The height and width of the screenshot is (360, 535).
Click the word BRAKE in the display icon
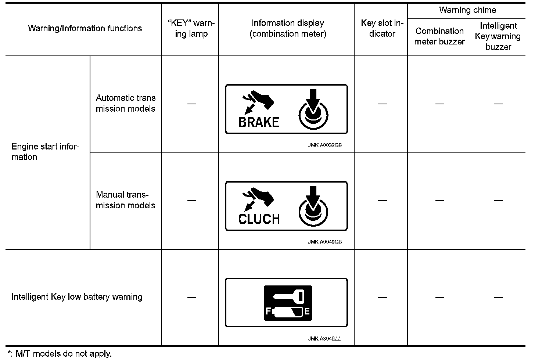259,122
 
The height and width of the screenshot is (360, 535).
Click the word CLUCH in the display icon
259,219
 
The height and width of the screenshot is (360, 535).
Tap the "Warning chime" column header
467,10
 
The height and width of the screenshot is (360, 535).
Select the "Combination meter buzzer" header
439,36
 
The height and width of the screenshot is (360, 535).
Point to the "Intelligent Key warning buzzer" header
498,36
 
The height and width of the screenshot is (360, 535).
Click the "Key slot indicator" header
382,28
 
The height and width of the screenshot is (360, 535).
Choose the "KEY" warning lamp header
191,28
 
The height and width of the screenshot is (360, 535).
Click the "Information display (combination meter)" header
288,28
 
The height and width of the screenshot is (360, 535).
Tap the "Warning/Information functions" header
85,28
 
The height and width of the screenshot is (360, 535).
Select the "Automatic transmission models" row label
126,103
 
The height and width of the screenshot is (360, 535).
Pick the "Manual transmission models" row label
126,200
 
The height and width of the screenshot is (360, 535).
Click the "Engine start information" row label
45,152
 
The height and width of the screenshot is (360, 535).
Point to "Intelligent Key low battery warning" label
77,297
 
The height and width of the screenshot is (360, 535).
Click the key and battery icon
288,303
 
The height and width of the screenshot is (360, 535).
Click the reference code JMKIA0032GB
325,145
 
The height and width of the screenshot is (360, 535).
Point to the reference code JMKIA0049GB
325,242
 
